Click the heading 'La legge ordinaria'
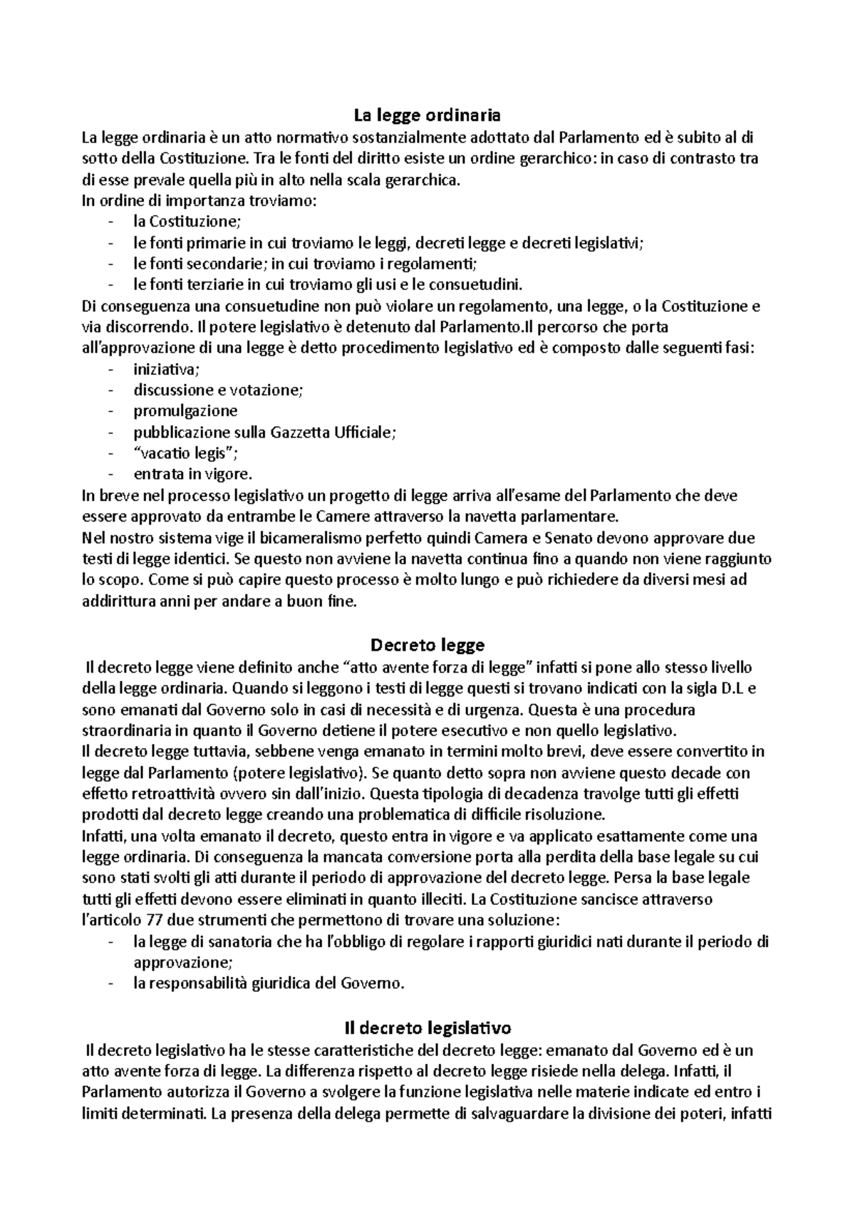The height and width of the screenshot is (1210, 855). [x=427, y=114]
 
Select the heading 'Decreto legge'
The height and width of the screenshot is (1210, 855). [x=427, y=645]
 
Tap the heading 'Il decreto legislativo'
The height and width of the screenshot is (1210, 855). [x=427, y=1028]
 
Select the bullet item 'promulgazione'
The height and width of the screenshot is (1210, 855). [x=185, y=411]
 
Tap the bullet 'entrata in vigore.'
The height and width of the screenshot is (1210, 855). [x=192, y=475]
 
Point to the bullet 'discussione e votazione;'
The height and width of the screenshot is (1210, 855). [x=217, y=391]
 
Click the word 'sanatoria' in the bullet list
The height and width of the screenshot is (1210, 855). [x=243, y=942]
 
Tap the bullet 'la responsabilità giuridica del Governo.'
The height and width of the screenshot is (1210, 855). [x=269, y=984]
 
